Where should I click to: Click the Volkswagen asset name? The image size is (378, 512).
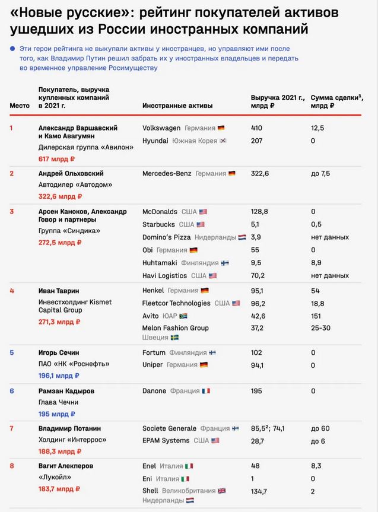click(x=162, y=128)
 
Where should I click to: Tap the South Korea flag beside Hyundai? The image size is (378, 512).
click(x=223, y=141)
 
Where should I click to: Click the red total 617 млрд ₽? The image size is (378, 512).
click(x=56, y=159)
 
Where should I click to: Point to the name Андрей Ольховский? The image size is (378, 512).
click(x=71, y=173)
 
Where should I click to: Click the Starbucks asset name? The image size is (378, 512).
click(x=158, y=224)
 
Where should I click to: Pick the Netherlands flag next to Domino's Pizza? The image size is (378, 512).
click(x=242, y=237)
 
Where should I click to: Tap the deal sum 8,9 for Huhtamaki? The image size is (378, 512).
click(x=316, y=263)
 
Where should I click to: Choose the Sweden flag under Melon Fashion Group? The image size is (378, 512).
click(x=175, y=337)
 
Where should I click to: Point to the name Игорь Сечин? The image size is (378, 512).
click(x=59, y=352)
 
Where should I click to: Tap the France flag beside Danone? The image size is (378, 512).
click(x=206, y=391)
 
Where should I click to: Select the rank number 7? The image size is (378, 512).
click(x=11, y=428)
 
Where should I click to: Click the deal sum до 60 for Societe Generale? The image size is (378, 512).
click(x=320, y=428)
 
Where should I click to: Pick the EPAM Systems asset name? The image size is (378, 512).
click(x=166, y=440)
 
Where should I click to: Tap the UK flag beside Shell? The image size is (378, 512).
click(x=222, y=491)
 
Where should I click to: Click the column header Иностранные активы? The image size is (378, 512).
click(x=177, y=105)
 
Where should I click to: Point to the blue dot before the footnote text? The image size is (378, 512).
click(x=12, y=49)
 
